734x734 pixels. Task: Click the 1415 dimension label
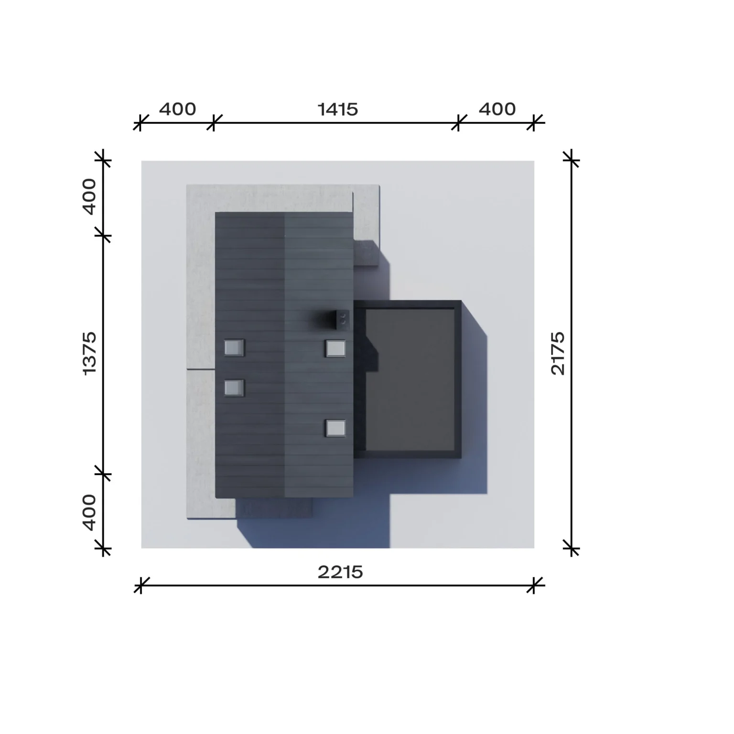[338, 109]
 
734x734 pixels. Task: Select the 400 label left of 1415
[177, 109]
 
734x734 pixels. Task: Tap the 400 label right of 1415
[497, 109]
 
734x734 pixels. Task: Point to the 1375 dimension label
[89, 354]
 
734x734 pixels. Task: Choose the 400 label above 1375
[89, 196]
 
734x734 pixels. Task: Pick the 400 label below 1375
[89, 512]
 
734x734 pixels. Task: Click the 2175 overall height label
[558, 354]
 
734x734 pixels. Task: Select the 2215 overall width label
[340, 572]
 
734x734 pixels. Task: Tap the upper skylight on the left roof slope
[234, 348]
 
